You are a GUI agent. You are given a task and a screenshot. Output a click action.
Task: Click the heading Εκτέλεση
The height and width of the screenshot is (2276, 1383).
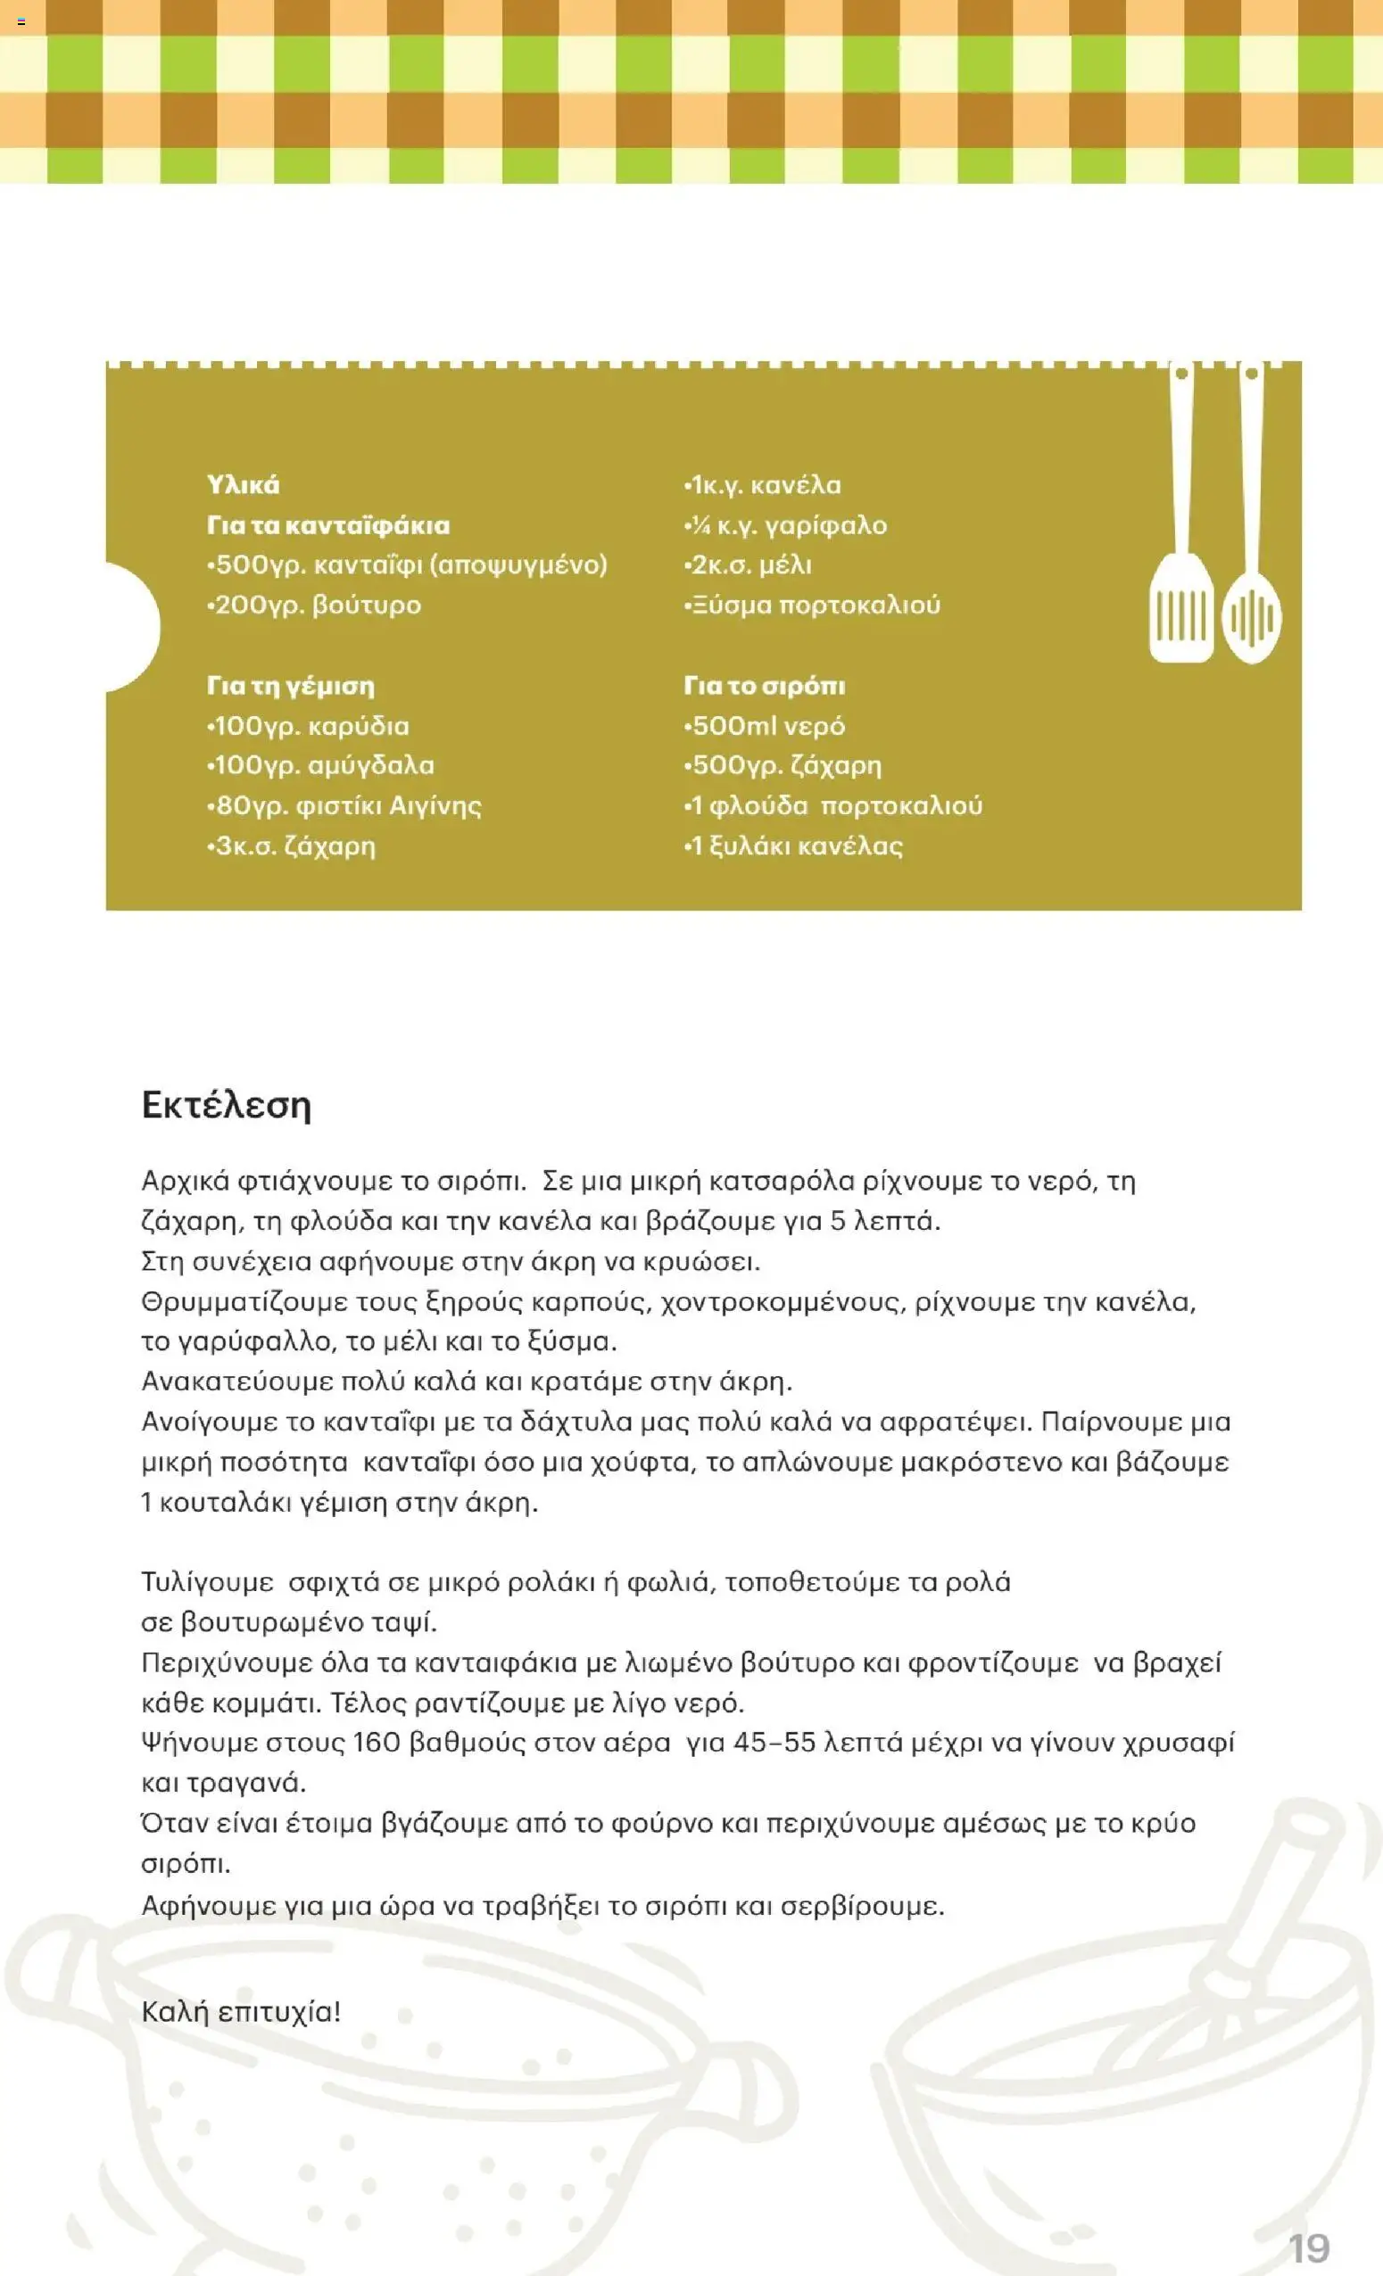point(226,1106)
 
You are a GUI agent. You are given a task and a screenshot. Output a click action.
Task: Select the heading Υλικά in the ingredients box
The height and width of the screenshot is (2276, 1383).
point(243,485)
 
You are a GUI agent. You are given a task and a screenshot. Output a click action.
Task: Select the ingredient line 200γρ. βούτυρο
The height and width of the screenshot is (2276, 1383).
point(314,605)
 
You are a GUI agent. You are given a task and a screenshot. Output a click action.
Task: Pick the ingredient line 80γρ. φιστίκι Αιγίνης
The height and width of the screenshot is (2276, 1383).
point(344,805)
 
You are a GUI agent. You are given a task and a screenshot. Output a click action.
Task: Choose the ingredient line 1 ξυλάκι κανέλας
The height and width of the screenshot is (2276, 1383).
point(793,846)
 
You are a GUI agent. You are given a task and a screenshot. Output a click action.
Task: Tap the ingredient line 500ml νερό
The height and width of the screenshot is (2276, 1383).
point(765,726)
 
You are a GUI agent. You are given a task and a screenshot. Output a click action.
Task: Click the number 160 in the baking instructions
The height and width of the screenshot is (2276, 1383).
point(376,1743)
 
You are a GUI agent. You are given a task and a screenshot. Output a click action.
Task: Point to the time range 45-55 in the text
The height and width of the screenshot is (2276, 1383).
point(774,1743)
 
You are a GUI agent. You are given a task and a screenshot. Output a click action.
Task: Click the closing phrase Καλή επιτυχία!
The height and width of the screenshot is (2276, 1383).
point(241,2011)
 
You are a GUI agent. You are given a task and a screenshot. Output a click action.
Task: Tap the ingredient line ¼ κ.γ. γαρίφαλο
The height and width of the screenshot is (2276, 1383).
point(785,524)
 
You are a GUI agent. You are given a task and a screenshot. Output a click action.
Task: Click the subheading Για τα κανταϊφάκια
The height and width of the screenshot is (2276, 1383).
point(329,524)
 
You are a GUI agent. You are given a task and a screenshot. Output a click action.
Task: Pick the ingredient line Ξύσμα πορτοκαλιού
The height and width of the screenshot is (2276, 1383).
point(813,605)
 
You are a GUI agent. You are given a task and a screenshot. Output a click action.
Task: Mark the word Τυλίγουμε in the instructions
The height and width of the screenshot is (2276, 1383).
point(207,1582)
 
